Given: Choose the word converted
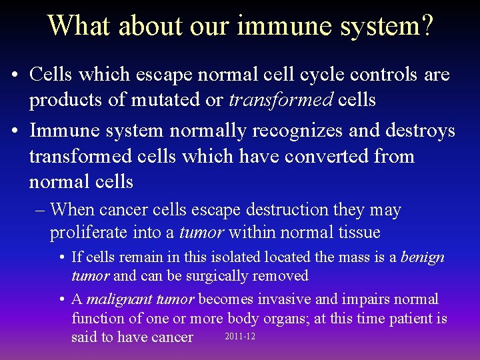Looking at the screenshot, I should coord(329,156).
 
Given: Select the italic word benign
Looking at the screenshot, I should coord(422,257).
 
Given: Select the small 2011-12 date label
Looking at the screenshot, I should coord(240,337).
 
